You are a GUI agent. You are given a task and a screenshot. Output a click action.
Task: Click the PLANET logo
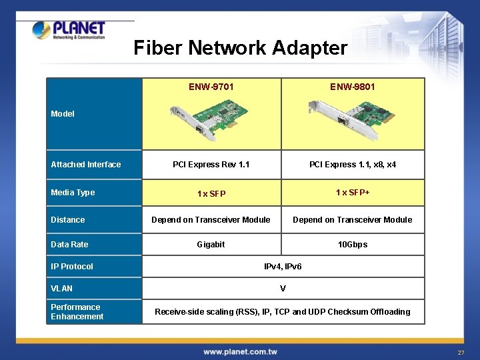pyautogui.click(x=69, y=30)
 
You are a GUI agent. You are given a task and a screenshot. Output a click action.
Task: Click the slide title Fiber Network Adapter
pyautogui.click(x=240, y=48)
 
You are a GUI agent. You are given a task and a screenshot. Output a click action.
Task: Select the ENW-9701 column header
pyautogui.click(x=211, y=87)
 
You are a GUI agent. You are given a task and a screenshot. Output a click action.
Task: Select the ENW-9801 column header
pyautogui.click(x=352, y=87)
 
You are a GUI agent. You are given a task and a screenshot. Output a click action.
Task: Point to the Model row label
pyautogui.click(x=63, y=114)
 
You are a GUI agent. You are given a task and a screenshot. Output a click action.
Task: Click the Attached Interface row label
pyautogui.click(x=86, y=165)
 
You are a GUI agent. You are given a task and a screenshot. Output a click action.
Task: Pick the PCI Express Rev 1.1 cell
pyautogui.click(x=211, y=165)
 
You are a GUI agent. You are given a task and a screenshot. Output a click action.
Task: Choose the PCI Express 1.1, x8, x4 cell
pyautogui.click(x=352, y=165)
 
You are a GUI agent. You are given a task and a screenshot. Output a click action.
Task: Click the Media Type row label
pyautogui.click(x=73, y=193)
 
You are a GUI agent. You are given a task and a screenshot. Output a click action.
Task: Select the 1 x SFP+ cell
pyautogui.click(x=352, y=193)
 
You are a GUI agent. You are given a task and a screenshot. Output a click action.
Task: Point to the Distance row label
pyautogui.click(x=68, y=220)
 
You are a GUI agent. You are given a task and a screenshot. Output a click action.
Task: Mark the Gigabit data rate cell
pyautogui.click(x=211, y=245)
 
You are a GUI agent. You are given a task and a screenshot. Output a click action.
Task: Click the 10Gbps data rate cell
pyautogui.click(x=352, y=245)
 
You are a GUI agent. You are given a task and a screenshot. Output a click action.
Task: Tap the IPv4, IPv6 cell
pyautogui.click(x=283, y=267)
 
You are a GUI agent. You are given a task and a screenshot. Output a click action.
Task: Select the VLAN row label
pyautogui.click(x=62, y=289)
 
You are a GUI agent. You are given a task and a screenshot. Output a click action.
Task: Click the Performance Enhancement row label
pyautogui.click(x=77, y=312)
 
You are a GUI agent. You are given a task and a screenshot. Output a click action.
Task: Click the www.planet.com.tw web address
pyautogui.click(x=240, y=351)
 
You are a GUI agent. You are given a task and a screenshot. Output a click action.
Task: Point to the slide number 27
pyautogui.click(x=461, y=352)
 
